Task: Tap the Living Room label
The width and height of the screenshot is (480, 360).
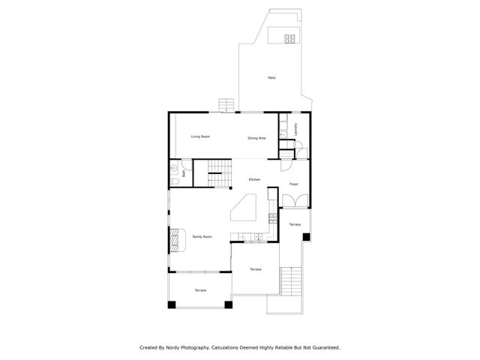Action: click(200, 136)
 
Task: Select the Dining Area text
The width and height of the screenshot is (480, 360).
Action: click(257, 138)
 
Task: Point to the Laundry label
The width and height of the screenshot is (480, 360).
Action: click(296, 128)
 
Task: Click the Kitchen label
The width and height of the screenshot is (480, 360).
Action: click(255, 179)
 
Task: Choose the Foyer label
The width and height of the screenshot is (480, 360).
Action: click(294, 184)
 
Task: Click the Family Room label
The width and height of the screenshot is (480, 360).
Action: click(202, 237)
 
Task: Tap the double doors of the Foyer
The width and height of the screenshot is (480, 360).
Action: click(294, 201)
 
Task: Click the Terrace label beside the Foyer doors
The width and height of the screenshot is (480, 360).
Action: click(295, 225)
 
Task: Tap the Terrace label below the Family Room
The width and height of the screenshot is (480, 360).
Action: click(200, 290)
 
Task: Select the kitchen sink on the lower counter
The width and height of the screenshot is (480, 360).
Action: click(256, 237)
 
